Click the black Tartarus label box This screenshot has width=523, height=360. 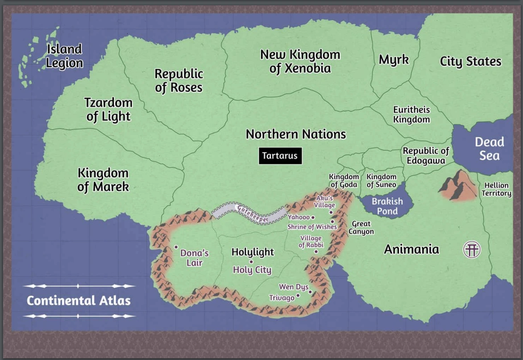(x=280, y=156)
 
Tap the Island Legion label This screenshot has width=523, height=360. (x=65, y=56)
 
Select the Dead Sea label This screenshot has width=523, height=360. (x=489, y=149)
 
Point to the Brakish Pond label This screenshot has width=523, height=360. (x=387, y=206)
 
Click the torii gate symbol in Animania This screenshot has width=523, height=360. (x=472, y=249)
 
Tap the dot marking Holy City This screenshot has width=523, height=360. (x=251, y=262)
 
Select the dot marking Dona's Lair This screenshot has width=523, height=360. (x=176, y=247)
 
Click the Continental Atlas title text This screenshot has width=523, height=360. (x=79, y=301)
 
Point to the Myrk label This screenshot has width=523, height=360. (x=394, y=59)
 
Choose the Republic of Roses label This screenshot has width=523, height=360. (x=178, y=80)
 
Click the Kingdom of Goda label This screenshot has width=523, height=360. (x=344, y=181)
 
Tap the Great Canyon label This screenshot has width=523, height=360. (x=361, y=228)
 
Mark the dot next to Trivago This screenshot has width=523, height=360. (x=298, y=295)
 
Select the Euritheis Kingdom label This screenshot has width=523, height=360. (x=411, y=115)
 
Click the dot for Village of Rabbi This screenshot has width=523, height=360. (x=316, y=251)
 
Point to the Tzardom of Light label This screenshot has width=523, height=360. (x=108, y=109)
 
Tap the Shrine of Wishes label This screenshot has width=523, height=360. (x=311, y=227)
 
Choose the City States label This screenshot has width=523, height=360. (x=470, y=62)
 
